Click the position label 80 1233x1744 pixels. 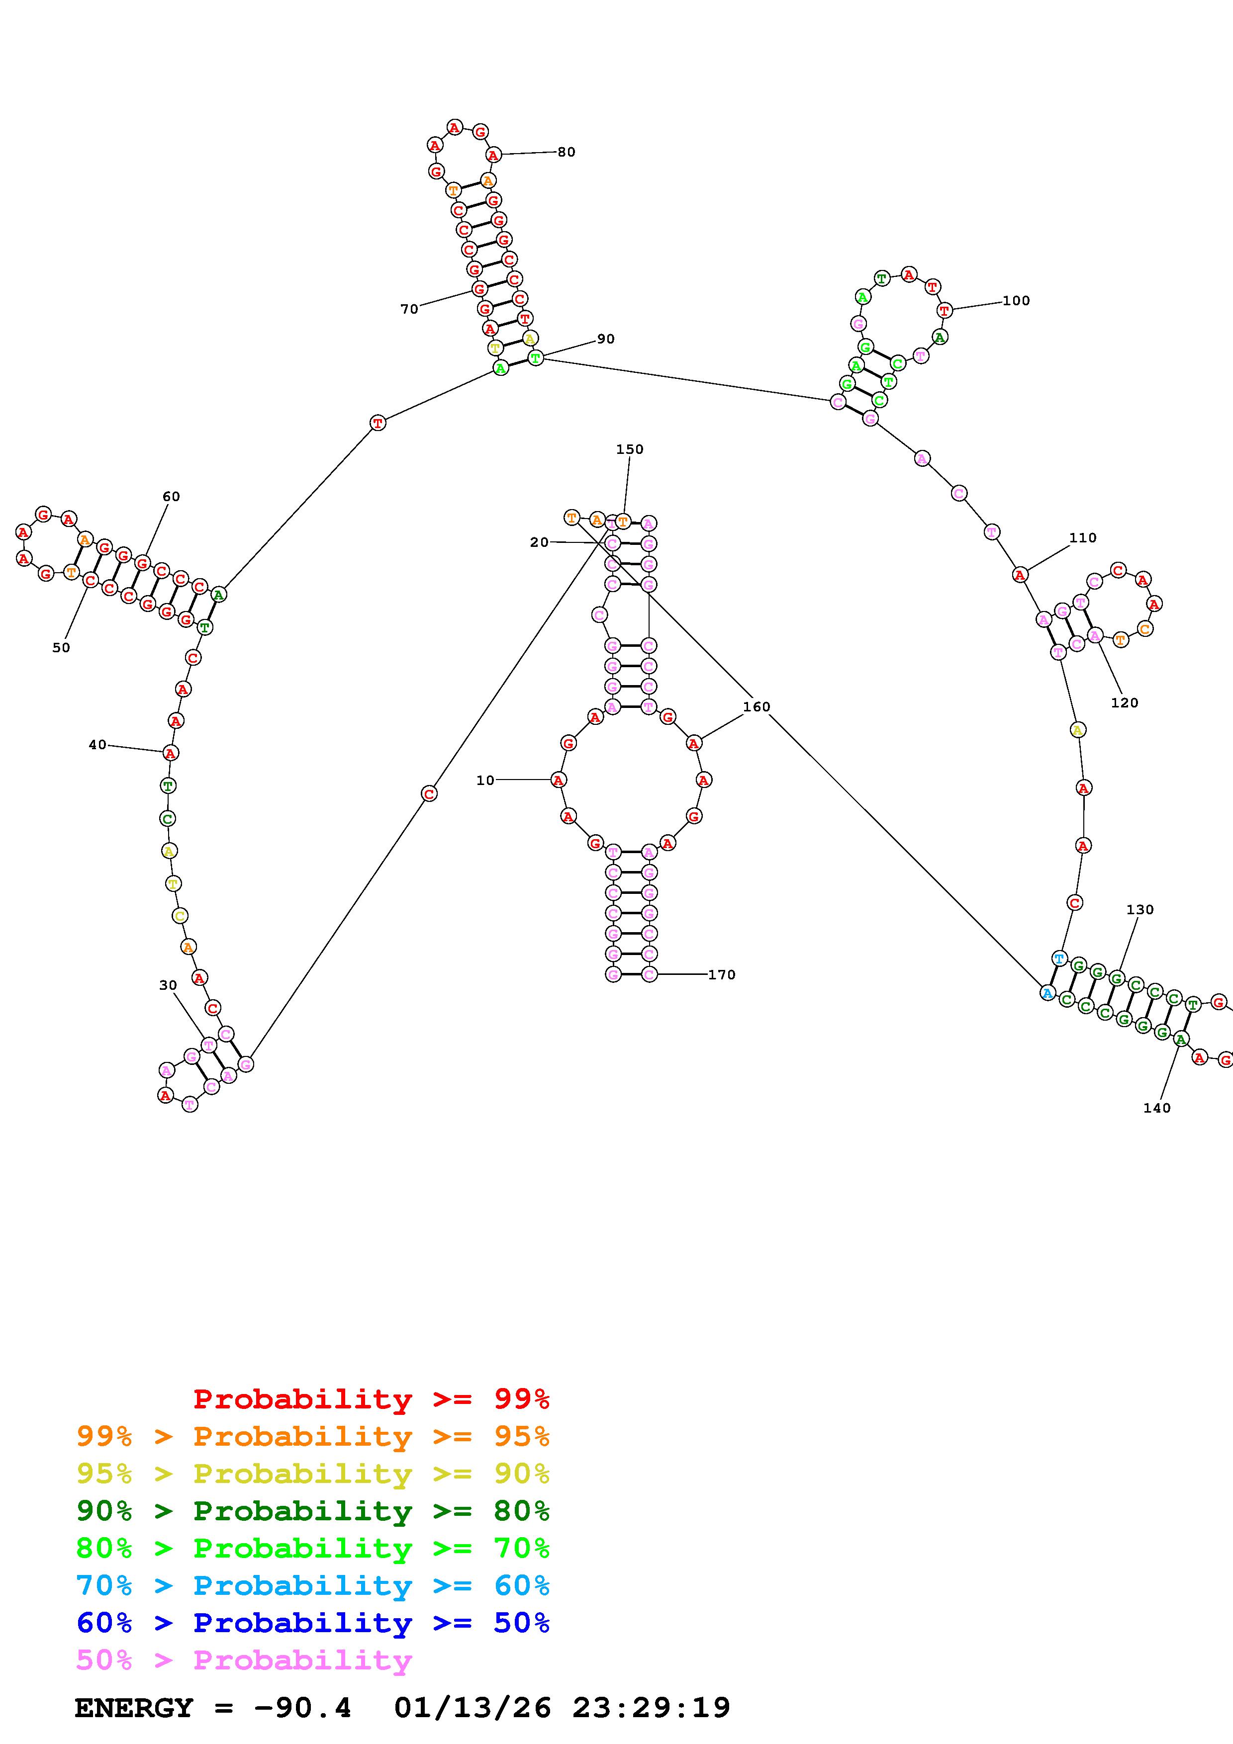tap(566, 152)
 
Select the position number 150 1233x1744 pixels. tap(629, 450)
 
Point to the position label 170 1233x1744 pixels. tap(721, 974)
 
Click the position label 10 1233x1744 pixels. tap(484, 780)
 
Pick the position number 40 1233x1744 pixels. tap(97, 745)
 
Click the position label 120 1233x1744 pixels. tap(1125, 702)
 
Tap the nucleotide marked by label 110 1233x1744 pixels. tap(1020, 575)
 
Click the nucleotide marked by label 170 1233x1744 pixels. tap(649, 974)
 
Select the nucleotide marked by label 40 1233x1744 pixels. tap(170, 753)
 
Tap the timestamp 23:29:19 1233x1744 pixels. tap(651, 1708)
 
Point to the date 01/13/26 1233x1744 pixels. tap(473, 1708)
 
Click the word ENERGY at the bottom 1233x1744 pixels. tap(134, 1708)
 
